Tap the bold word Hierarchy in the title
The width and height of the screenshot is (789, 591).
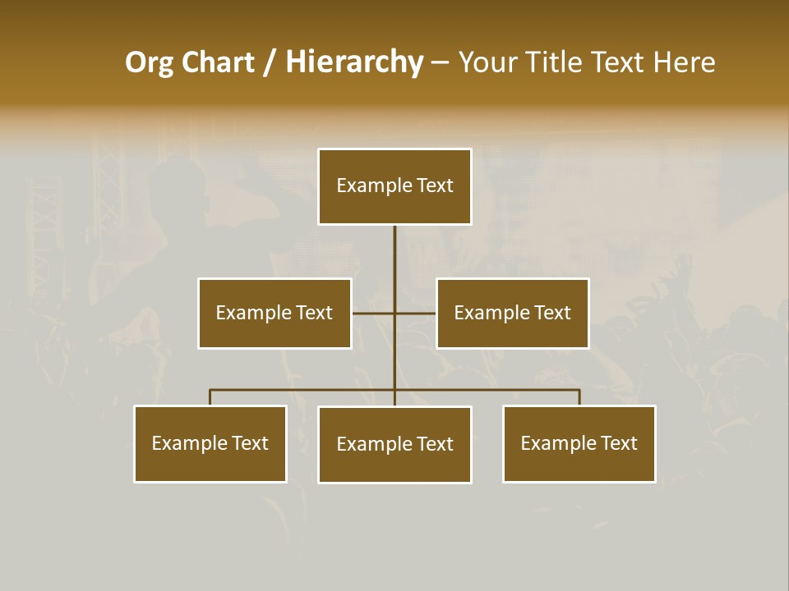pyautogui.click(x=354, y=62)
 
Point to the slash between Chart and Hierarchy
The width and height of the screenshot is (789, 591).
pyautogui.click(x=270, y=62)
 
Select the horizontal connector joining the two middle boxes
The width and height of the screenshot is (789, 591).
pyautogui.click(x=374, y=313)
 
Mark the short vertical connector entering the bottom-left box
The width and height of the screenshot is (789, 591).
pyautogui.click(x=210, y=397)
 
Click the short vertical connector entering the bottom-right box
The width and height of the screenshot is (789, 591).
pyautogui.click(x=579, y=397)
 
